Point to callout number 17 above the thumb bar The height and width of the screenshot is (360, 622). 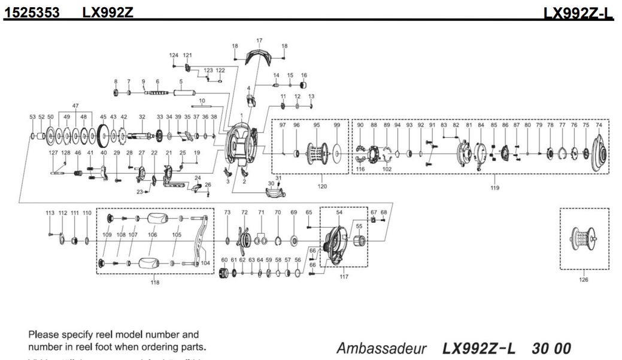[259, 41]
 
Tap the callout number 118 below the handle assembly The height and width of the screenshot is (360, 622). [156, 283]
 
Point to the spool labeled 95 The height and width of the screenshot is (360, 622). [317, 153]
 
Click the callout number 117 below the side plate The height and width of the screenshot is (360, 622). [343, 276]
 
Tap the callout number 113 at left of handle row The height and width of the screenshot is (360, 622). [50, 213]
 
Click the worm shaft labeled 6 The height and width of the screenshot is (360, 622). [157, 93]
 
